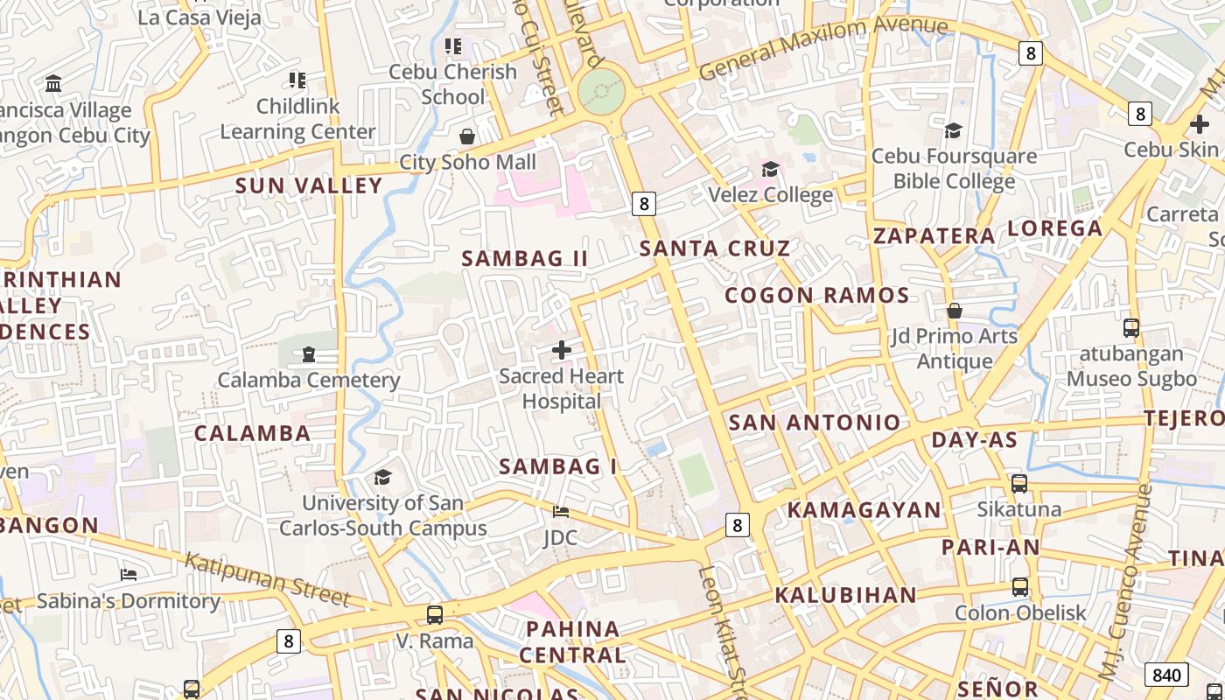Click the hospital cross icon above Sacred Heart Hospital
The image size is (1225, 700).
pos(562,351)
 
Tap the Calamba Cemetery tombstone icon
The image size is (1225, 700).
pos(308,354)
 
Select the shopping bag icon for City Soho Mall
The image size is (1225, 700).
pos(467,136)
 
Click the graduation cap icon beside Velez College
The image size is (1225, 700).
pos(770,169)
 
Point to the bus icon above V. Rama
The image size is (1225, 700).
pos(435,614)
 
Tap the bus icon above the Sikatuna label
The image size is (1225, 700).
pos(1019,483)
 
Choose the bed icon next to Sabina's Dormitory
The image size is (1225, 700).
pos(129,575)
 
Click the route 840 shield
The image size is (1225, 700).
pos(1166,675)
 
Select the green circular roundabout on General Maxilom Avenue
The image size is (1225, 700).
pos(602,90)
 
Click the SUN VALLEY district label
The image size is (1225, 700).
pos(309,185)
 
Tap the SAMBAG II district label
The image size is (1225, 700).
pos(525,259)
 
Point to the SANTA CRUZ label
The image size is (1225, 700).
pos(715,248)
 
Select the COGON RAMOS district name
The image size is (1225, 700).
pos(817,296)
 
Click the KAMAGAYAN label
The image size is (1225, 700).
pos(864,510)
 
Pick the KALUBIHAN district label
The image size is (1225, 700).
pos(845,596)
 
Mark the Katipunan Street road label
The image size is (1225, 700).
pos(268,579)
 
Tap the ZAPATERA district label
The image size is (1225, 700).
pos(934,236)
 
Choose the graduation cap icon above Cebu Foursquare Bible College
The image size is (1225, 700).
pos(954,130)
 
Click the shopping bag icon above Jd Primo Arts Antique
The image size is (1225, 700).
pos(955,311)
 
